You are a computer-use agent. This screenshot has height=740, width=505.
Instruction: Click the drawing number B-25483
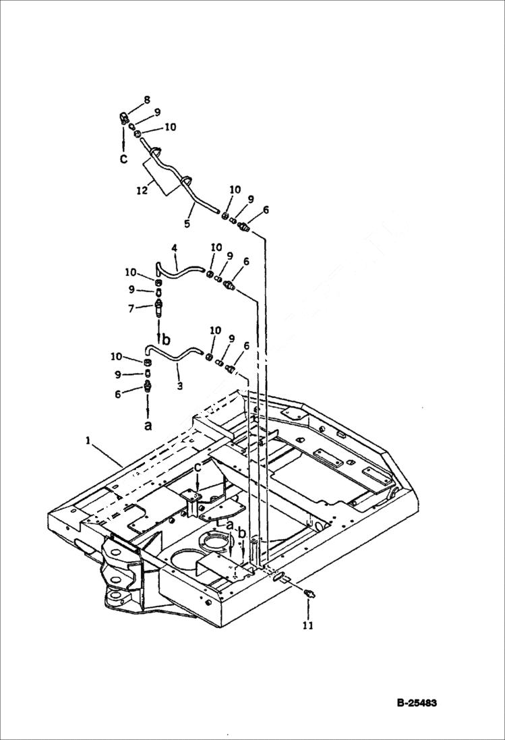tap(417, 703)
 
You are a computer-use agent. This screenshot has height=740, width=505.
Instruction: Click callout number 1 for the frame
tap(88, 440)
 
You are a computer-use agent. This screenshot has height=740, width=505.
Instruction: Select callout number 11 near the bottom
tap(309, 625)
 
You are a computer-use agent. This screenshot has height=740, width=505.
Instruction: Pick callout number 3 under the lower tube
tap(179, 386)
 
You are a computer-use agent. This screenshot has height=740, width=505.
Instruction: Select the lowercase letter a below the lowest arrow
tap(148, 426)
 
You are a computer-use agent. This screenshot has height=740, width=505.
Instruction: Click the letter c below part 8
tap(123, 159)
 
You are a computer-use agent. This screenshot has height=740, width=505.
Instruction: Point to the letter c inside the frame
tap(198, 468)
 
